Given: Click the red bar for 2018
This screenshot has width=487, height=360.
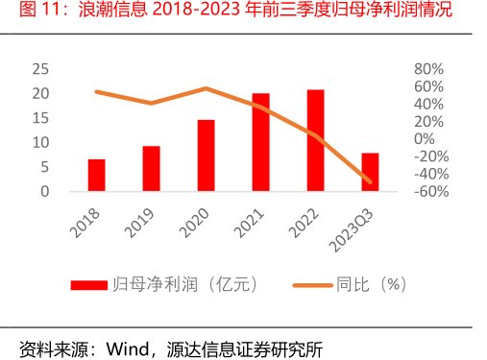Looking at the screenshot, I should click(x=96, y=175).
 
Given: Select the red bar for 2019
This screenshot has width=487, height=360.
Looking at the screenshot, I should click(x=151, y=168).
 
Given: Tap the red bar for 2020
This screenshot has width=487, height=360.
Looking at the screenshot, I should click(x=206, y=156).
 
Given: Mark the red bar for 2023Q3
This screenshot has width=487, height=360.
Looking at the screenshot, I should click(x=370, y=172).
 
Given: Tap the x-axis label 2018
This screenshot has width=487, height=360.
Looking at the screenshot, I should click(x=87, y=219).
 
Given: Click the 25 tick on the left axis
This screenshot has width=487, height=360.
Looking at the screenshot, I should click(x=40, y=69).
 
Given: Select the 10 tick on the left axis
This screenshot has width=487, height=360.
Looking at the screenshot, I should click(x=40, y=142).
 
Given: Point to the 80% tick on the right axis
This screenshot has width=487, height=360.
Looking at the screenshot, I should click(x=427, y=69).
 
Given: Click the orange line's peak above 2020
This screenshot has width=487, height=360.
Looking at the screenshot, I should click(x=206, y=88).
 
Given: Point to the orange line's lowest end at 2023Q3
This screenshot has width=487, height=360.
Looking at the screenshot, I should click(x=370, y=180).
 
